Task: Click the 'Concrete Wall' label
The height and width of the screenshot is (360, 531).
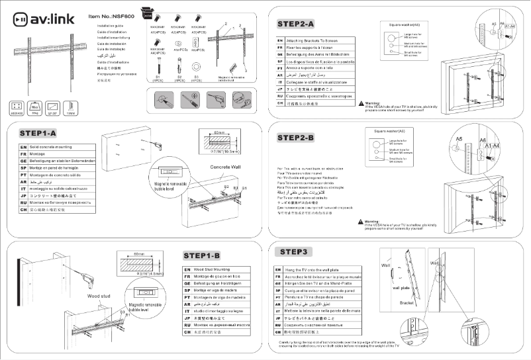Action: pyautogui.click(x=224, y=167)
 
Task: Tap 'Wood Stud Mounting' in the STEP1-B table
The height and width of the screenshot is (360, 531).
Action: pyautogui.click(x=212, y=269)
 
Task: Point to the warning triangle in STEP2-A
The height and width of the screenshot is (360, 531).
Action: pyautogui.click(x=361, y=104)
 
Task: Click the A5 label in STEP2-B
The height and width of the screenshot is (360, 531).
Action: pyautogui.click(x=458, y=140)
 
